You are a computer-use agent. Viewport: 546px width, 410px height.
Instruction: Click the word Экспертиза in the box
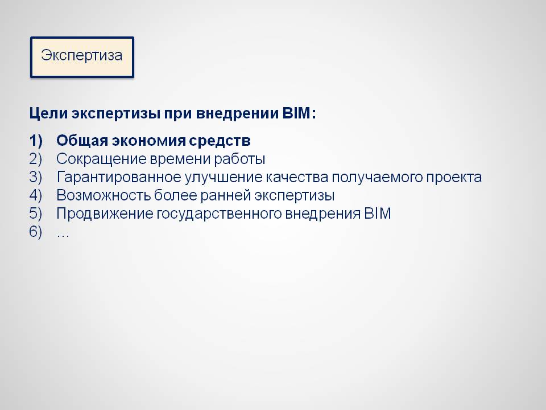82,56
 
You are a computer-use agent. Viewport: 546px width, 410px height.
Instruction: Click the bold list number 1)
36,141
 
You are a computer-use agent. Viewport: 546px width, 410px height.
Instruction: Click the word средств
220,141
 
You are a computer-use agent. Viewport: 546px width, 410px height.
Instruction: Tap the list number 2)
36,159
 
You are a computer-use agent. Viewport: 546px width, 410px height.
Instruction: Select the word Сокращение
101,159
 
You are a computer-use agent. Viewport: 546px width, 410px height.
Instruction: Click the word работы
239,159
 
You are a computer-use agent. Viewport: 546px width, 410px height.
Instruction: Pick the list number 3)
36,177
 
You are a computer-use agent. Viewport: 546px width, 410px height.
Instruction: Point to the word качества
297,178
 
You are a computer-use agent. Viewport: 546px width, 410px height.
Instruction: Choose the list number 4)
36,195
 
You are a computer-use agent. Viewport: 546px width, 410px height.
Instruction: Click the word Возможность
103,195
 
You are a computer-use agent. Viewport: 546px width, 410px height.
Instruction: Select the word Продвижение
105,214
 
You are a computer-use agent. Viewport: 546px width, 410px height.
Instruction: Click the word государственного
218,214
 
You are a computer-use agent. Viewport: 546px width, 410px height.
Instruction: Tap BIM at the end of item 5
378,214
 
